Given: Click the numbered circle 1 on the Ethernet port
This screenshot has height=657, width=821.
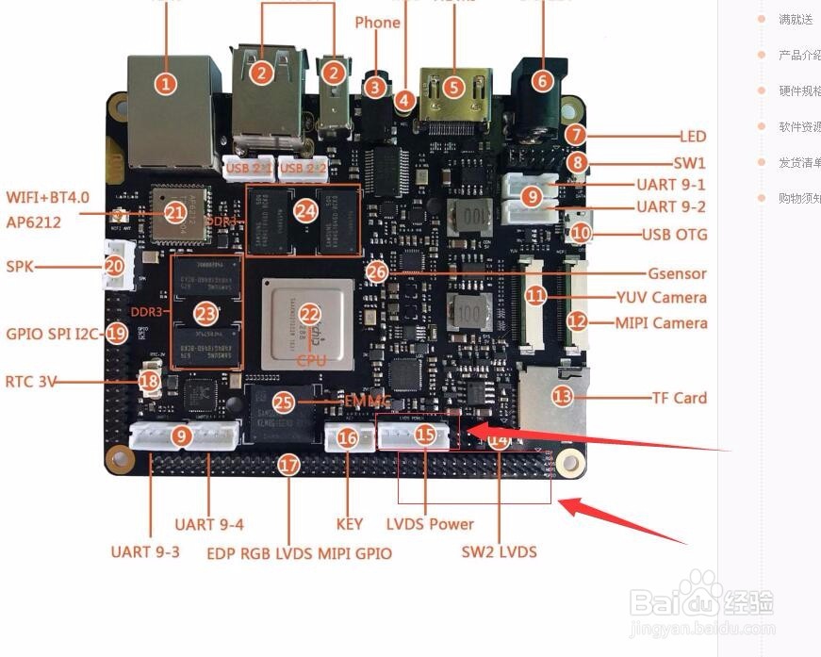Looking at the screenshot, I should click(166, 84).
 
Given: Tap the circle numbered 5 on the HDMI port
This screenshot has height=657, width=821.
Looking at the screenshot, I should click(454, 88).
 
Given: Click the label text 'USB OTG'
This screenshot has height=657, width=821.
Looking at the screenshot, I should click(674, 234).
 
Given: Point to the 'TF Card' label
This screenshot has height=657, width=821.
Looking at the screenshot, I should click(679, 398).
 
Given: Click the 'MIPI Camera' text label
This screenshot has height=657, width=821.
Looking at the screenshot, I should click(661, 323).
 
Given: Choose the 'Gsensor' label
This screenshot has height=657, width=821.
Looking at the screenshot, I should click(677, 273).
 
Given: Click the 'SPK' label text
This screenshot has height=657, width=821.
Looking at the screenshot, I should click(20, 267).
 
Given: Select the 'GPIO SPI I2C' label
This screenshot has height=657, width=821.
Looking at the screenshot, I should click(53, 334).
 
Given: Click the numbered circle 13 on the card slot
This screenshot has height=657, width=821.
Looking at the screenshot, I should click(562, 397).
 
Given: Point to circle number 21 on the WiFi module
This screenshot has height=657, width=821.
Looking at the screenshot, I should click(174, 213).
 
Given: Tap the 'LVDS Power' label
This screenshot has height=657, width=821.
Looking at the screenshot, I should click(430, 524).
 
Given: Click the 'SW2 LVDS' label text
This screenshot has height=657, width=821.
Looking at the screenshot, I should click(499, 550).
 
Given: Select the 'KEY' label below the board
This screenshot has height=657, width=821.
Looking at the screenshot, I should click(349, 524).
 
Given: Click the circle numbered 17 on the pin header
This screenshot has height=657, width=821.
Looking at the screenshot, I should click(289, 465).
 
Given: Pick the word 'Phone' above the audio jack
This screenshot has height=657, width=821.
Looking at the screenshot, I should click(377, 23).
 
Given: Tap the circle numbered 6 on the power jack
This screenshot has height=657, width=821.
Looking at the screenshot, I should click(541, 81).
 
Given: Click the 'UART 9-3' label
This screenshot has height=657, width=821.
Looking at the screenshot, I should click(144, 550).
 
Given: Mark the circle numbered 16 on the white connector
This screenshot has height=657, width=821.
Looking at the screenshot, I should click(347, 438).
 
